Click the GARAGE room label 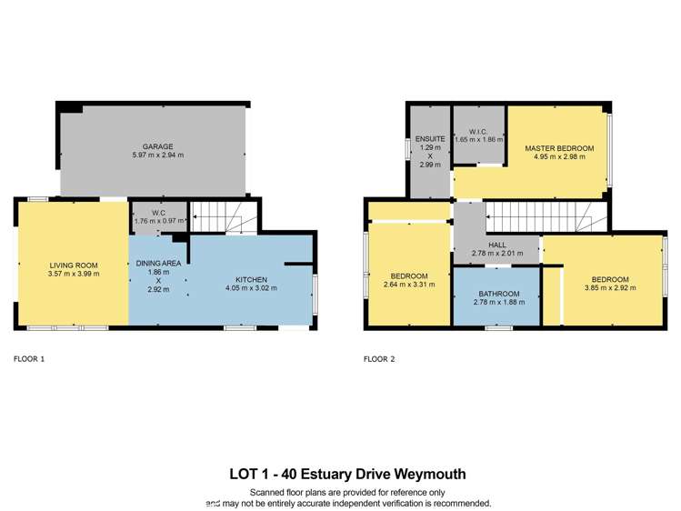pos(157,146)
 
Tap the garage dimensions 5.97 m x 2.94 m pos(157,155)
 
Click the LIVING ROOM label pos(75,265)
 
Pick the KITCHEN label pos(251,279)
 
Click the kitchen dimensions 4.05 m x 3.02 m pos(251,288)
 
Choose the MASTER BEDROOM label pos(559,147)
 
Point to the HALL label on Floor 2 pos(496,244)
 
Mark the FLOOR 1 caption pos(29,358)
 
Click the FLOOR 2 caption pos(379,358)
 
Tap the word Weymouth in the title pos(434,474)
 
